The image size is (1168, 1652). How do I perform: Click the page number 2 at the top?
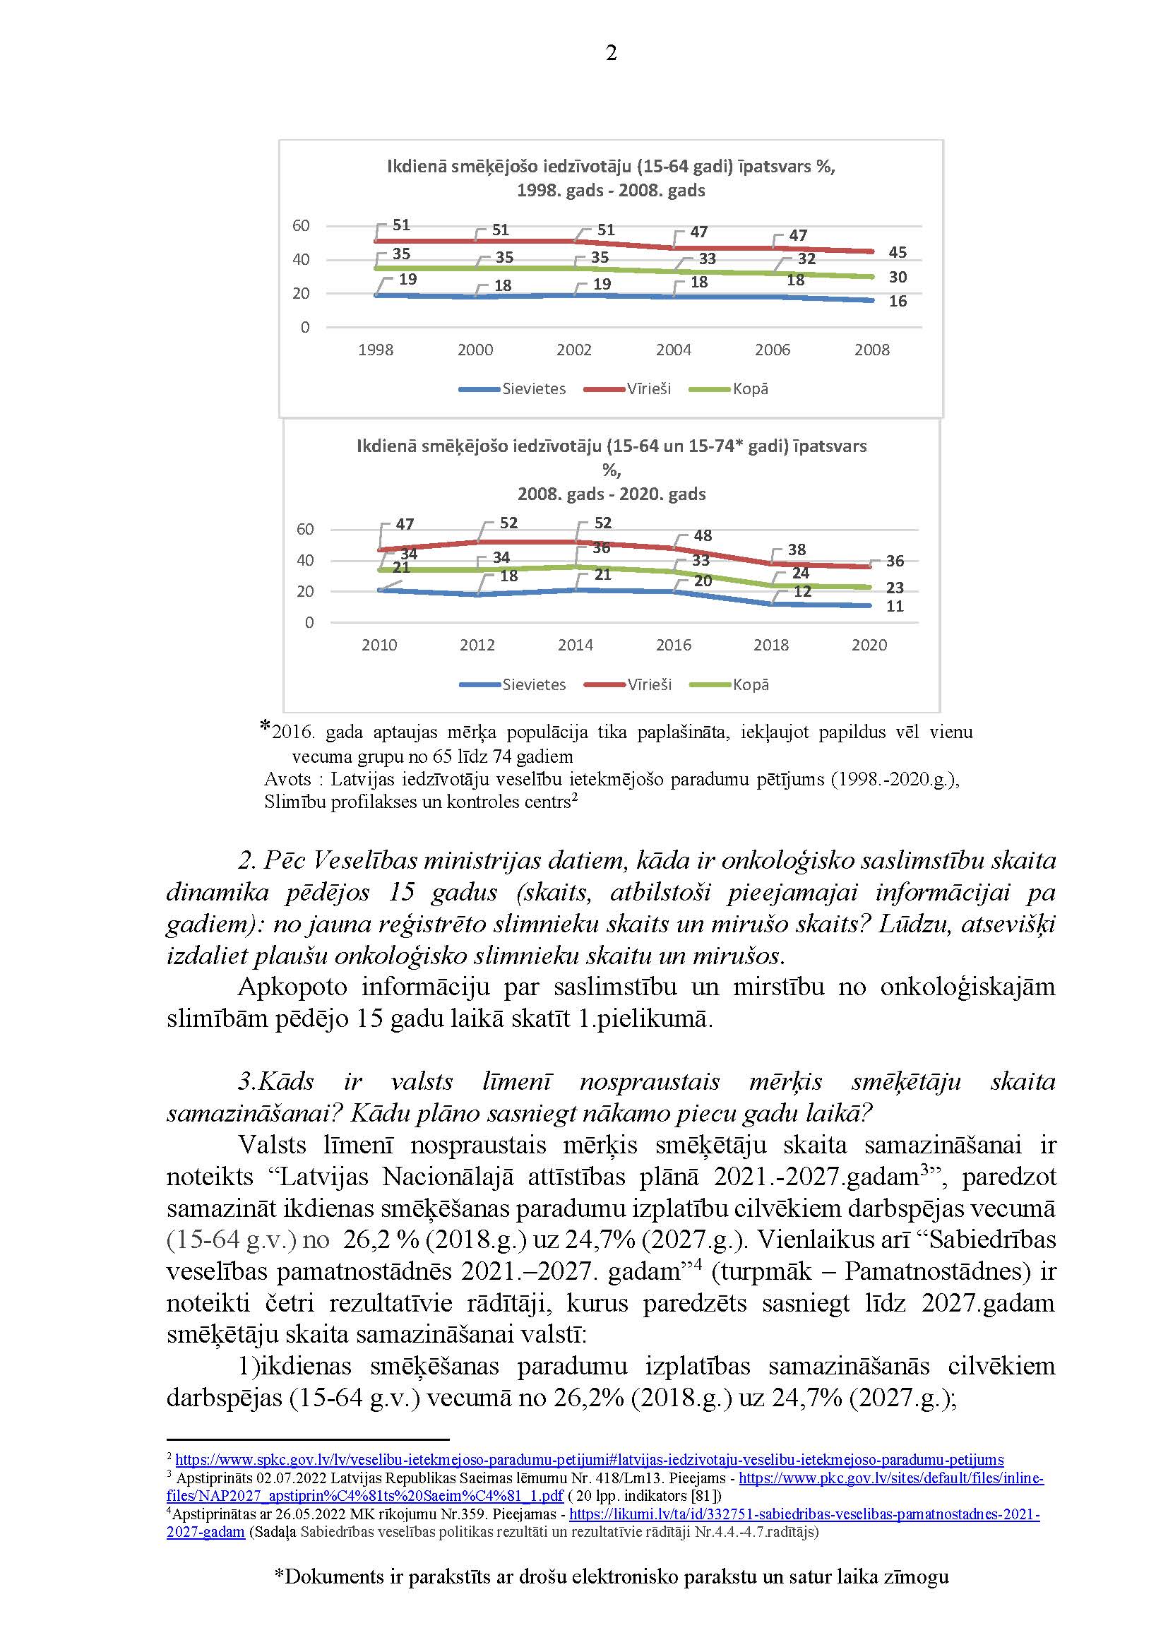[612, 53]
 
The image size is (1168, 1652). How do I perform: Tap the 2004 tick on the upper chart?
[673, 350]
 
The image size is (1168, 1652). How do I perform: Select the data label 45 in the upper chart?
[898, 253]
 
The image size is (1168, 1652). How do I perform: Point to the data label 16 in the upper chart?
[898, 302]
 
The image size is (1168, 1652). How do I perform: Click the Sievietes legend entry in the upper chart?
[512, 389]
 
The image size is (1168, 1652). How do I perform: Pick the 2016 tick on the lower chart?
[673, 646]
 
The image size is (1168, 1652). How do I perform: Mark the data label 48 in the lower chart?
[703, 536]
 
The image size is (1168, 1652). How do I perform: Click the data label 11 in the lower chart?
[895, 607]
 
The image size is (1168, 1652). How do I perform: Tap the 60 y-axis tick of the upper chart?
[301, 226]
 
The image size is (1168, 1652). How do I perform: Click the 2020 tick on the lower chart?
[869, 646]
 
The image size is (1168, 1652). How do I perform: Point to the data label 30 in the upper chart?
[898, 277]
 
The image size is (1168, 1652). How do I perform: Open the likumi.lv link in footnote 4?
[804, 1514]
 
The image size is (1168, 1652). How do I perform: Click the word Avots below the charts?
[287, 779]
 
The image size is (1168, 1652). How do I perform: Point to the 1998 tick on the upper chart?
[376, 350]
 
